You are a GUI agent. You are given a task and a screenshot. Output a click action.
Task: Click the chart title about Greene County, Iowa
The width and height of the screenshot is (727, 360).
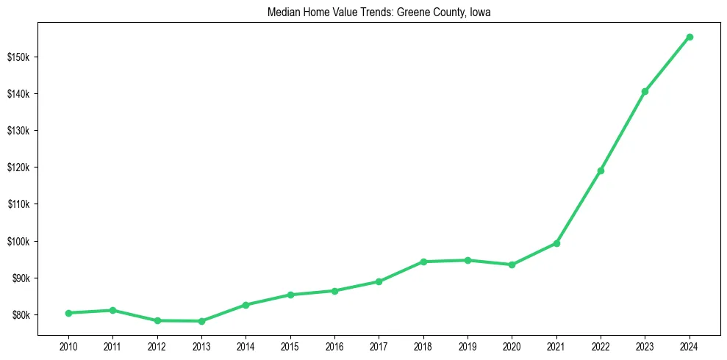380,12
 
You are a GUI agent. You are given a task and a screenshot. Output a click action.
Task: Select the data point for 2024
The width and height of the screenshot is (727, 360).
690,37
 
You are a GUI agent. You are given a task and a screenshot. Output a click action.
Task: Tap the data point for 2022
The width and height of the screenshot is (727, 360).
601,170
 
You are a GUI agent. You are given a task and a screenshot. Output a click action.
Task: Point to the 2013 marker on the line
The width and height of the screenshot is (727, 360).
201,321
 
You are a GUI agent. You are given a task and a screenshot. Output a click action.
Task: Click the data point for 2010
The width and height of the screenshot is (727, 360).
68,313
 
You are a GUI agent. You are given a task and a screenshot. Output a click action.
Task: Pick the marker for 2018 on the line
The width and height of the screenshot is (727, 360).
423,262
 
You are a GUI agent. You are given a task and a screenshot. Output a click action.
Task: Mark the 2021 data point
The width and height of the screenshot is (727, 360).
556,243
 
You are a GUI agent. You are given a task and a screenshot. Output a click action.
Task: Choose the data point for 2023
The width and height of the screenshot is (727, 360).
645,91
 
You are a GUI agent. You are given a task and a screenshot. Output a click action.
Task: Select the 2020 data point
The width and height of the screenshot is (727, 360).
512,264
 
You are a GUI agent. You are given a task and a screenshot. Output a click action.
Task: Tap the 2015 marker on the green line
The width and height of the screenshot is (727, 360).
290,295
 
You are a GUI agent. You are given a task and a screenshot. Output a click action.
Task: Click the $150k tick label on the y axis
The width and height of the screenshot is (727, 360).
18,57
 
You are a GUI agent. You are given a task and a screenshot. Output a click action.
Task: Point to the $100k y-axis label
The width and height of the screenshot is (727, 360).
18,242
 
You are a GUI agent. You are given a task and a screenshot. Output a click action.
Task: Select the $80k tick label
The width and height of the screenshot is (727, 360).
19,315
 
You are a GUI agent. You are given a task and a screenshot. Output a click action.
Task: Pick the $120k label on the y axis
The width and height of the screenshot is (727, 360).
18,168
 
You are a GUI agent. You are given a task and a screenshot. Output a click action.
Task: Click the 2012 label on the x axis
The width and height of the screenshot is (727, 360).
157,345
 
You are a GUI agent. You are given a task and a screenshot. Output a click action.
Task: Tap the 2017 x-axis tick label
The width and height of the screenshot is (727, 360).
379,345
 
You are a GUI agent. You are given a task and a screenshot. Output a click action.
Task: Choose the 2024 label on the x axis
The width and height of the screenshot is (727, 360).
690,345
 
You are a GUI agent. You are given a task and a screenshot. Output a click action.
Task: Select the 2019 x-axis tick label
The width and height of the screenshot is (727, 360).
468,345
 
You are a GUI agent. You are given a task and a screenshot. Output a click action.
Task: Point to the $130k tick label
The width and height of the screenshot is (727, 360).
18,131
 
